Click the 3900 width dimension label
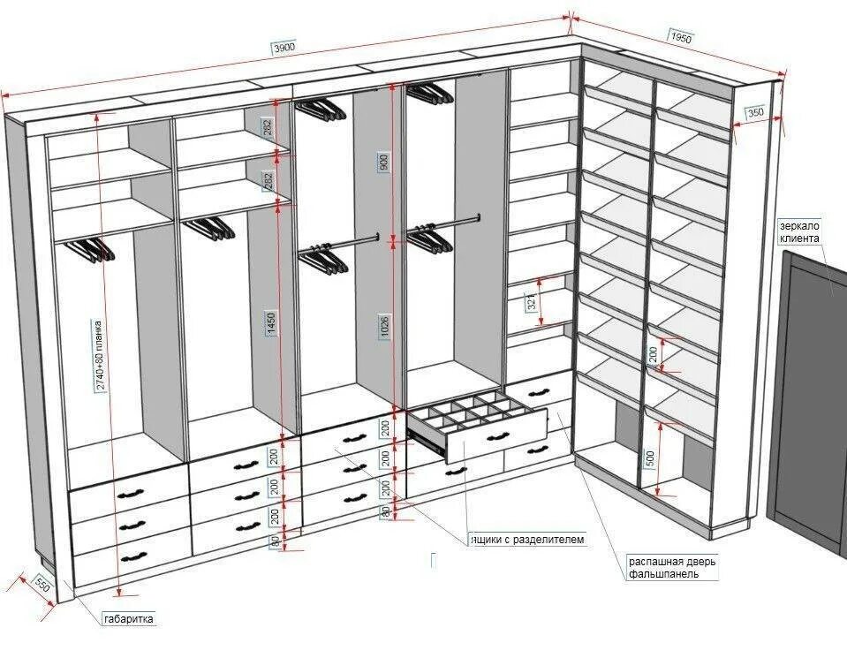[x=284, y=47]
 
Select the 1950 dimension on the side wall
[x=680, y=38]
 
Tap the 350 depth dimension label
[x=755, y=112]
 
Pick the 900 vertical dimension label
[x=382, y=162]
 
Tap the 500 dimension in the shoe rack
[x=650, y=458]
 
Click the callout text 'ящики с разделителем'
[x=527, y=539]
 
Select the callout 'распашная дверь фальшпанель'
[x=673, y=567]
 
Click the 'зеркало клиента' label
[x=799, y=231]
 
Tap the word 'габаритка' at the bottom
[x=129, y=619]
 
